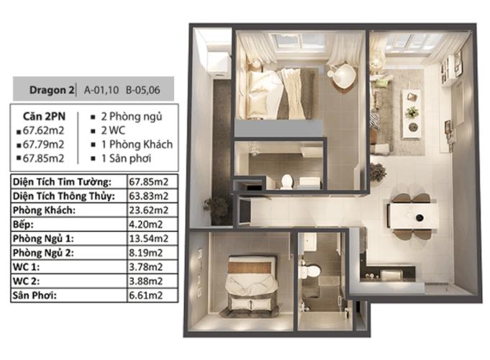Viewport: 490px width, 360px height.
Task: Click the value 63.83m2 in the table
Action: [x=149, y=196]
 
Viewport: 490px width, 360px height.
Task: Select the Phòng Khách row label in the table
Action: [x=44, y=210]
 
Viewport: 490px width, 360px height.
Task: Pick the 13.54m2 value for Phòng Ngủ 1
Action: [x=149, y=238]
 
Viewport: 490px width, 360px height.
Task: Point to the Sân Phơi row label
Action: [x=35, y=295]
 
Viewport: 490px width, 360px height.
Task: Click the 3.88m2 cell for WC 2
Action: [x=146, y=281]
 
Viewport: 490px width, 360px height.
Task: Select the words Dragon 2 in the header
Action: [x=52, y=90]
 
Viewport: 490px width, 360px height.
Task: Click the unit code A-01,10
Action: [x=101, y=90]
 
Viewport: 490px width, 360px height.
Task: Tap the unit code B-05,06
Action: [x=143, y=90]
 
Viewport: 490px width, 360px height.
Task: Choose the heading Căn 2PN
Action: [x=44, y=117]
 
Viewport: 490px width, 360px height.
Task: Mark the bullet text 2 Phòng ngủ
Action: [x=132, y=117]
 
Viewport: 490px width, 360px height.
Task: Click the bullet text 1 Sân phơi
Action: [x=126, y=158]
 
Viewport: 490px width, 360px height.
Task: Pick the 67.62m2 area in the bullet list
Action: [x=43, y=130]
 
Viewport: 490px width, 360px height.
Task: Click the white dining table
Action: [x=412, y=216]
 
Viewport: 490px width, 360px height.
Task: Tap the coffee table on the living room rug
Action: [x=412, y=114]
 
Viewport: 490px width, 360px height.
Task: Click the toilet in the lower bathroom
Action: [x=309, y=271]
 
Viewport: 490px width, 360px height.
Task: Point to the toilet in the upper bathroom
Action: [x=287, y=181]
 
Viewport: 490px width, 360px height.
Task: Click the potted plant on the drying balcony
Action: [x=217, y=210]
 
